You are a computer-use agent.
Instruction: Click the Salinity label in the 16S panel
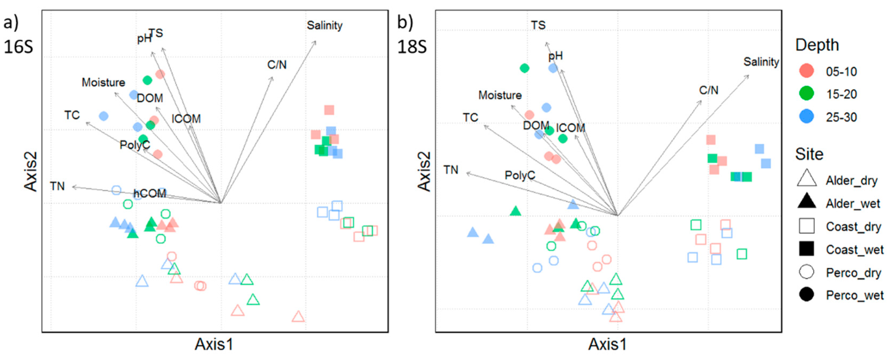click(x=325, y=25)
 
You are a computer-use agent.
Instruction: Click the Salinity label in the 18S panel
click(x=761, y=62)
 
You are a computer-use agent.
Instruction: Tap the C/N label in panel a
click(x=277, y=65)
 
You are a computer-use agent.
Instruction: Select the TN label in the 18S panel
click(x=451, y=170)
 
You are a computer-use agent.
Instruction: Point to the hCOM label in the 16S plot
click(x=150, y=193)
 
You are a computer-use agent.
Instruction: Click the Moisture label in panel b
click(x=500, y=95)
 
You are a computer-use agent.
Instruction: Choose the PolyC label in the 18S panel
click(x=520, y=175)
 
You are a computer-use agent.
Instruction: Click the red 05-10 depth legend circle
click(x=806, y=71)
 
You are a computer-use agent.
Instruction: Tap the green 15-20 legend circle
click(x=806, y=94)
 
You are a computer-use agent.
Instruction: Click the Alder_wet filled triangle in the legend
click(x=806, y=201)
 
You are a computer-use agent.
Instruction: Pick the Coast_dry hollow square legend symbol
click(x=806, y=226)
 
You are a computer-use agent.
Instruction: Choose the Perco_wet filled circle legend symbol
click(x=806, y=295)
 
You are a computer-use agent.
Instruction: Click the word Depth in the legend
click(x=817, y=45)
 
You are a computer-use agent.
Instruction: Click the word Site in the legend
click(x=809, y=154)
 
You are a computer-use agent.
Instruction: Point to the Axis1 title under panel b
click(x=607, y=344)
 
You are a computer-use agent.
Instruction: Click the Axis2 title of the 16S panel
click(x=31, y=171)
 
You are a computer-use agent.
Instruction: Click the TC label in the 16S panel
click(x=72, y=115)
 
